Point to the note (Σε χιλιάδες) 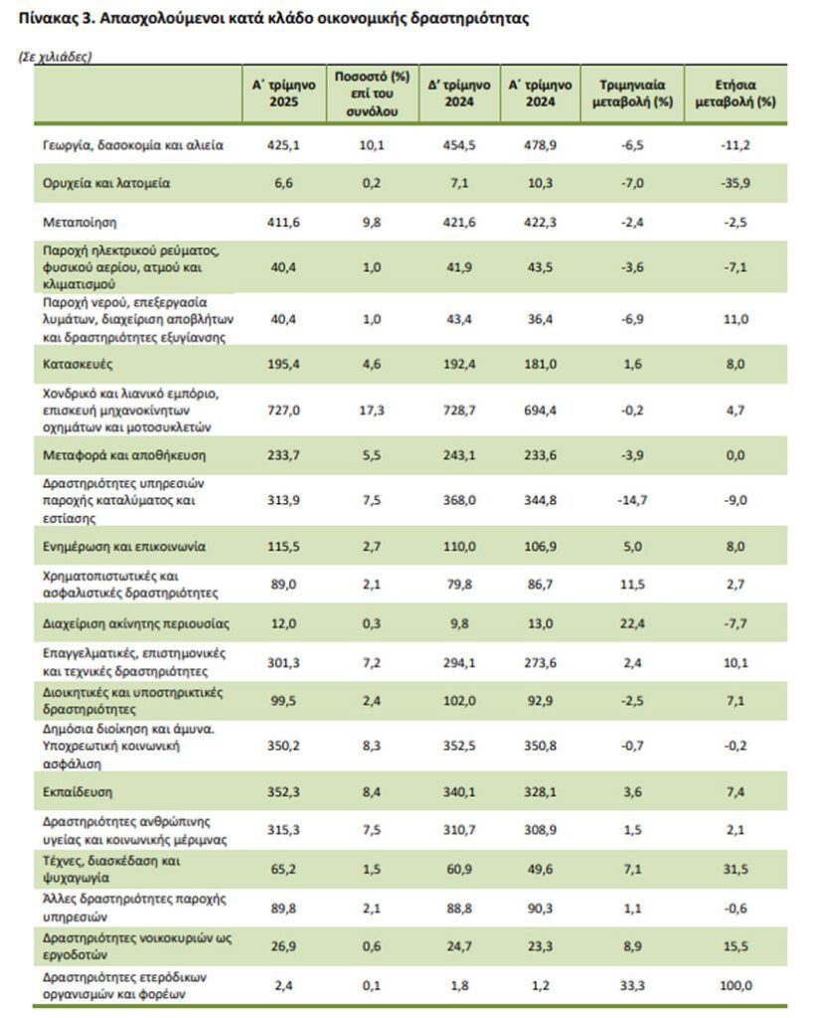[x=56, y=57]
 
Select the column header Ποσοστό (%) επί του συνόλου [x=372, y=93]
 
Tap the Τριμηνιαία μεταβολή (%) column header [x=632, y=93]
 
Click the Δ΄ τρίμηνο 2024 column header [x=459, y=93]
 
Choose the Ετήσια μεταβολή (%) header [x=736, y=93]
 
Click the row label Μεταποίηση [x=80, y=223]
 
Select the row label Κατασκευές [x=78, y=364]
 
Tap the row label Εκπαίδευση [x=78, y=792]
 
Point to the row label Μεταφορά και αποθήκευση [x=124, y=455]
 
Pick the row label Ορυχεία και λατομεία [x=106, y=184]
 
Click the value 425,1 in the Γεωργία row [x=283, y=145]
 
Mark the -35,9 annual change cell [x=736, y=184]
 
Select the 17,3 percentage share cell [x=372, y=411]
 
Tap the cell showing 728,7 [x=459, y=411]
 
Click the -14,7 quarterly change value [x=632, y=501]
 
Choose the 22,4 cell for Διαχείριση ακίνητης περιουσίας [x=632, y=624]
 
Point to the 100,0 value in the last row [x=736, y=985]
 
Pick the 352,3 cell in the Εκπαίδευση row [x=283, y=792]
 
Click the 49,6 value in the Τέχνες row [x=540, y=869]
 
